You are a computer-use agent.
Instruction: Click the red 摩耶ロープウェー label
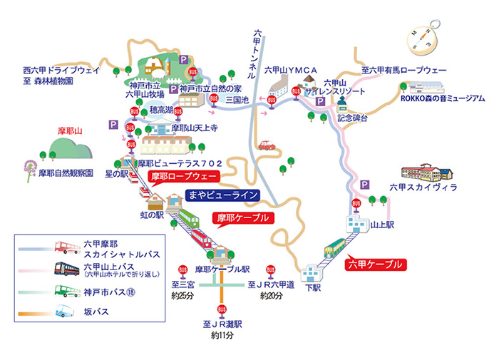(x=181, y=175)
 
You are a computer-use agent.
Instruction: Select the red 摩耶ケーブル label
(x=245, y=217)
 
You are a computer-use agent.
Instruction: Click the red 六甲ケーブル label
(x=376, y=264)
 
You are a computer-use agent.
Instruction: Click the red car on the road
(x=267, y=145)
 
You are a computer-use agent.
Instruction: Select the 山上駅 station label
(x=383, y=223)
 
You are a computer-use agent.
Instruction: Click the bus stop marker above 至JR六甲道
(x=270, y=270)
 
